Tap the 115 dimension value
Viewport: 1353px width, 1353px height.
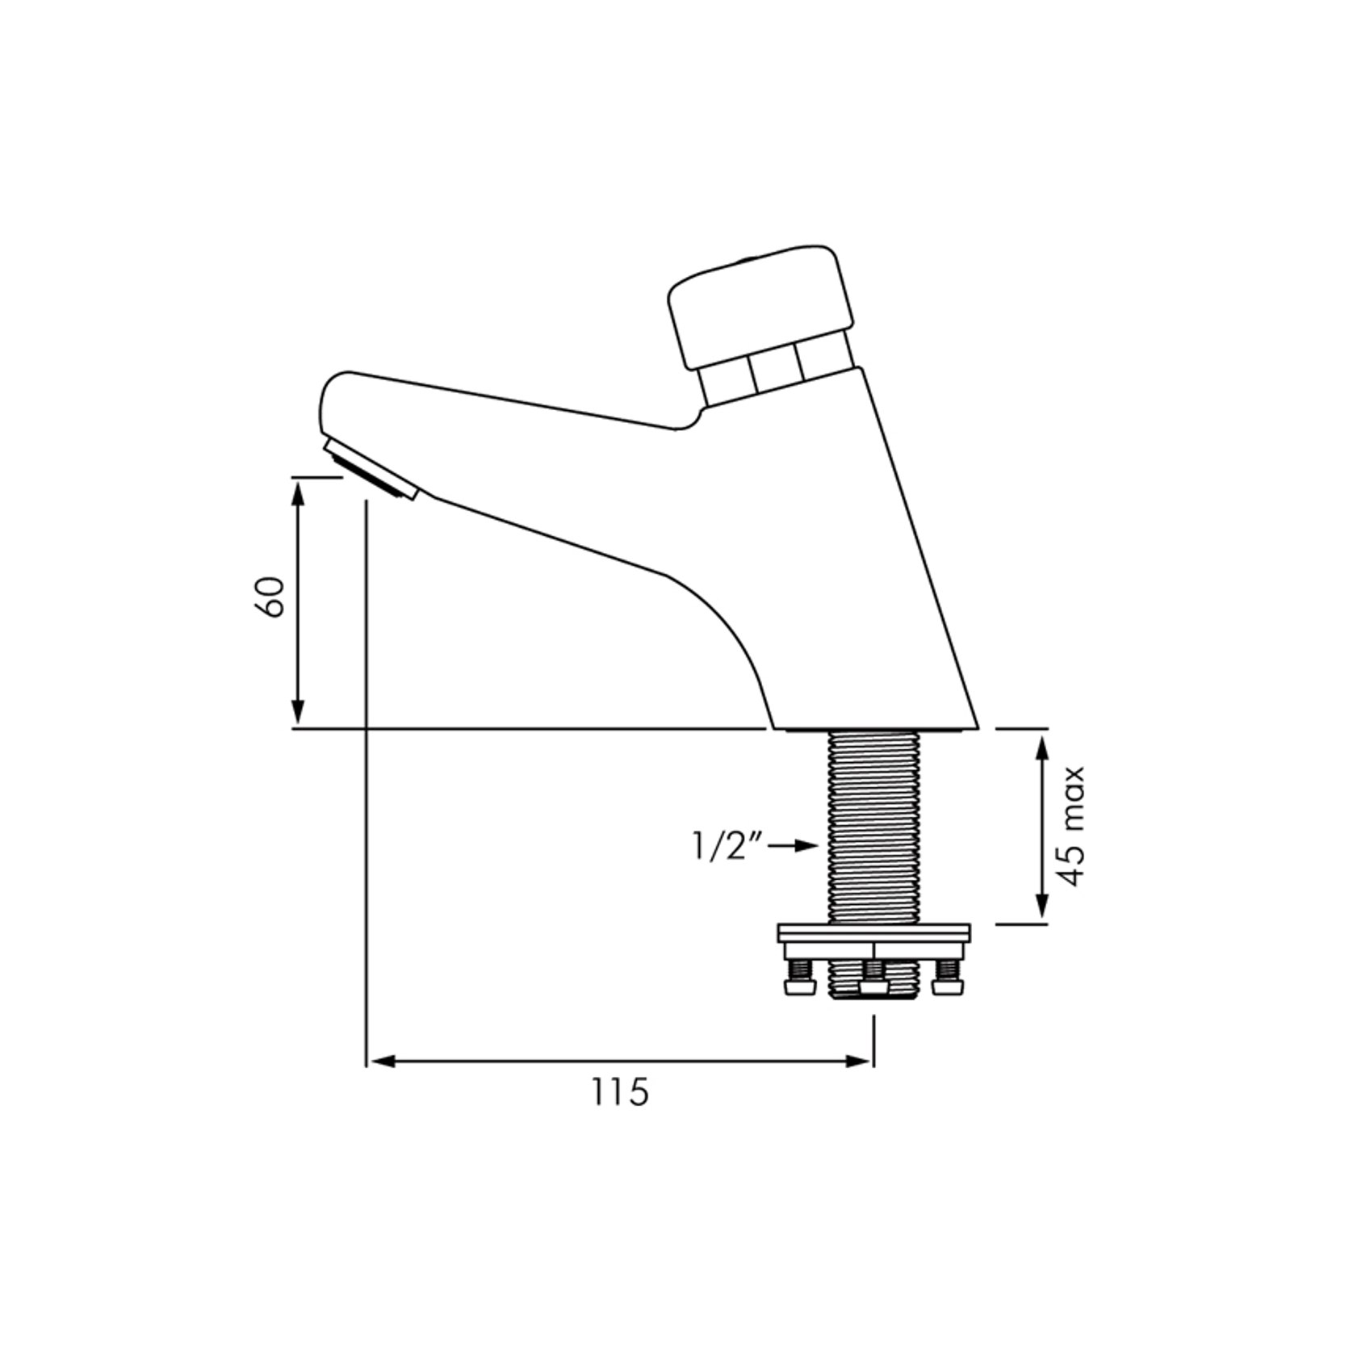(620, 1093)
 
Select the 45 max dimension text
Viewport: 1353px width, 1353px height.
(1073, 826)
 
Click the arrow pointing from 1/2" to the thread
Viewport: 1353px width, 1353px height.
(794, 845)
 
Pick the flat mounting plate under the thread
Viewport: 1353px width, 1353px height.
(873, 934)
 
